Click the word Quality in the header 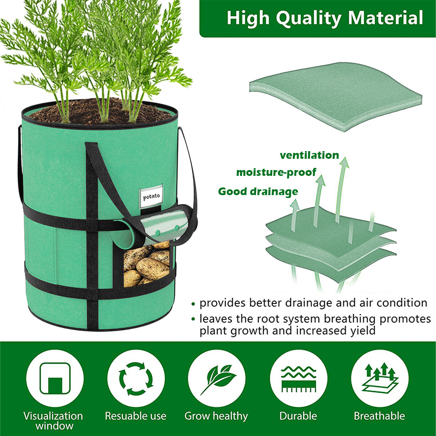tap(308, 18)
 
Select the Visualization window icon tap(55, 378)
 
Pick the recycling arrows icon tap(136, 378)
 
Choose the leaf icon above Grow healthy tap(217, 378)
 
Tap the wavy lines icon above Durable tap(298, 378)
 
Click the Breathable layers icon tap(380, 378)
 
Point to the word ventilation tap(309, 156)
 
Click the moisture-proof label tap(276, 172)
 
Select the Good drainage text tap(258, 191)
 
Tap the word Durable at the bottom tap(298, 416)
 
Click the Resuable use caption tap(136, 416)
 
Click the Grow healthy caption tap(216, 416)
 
